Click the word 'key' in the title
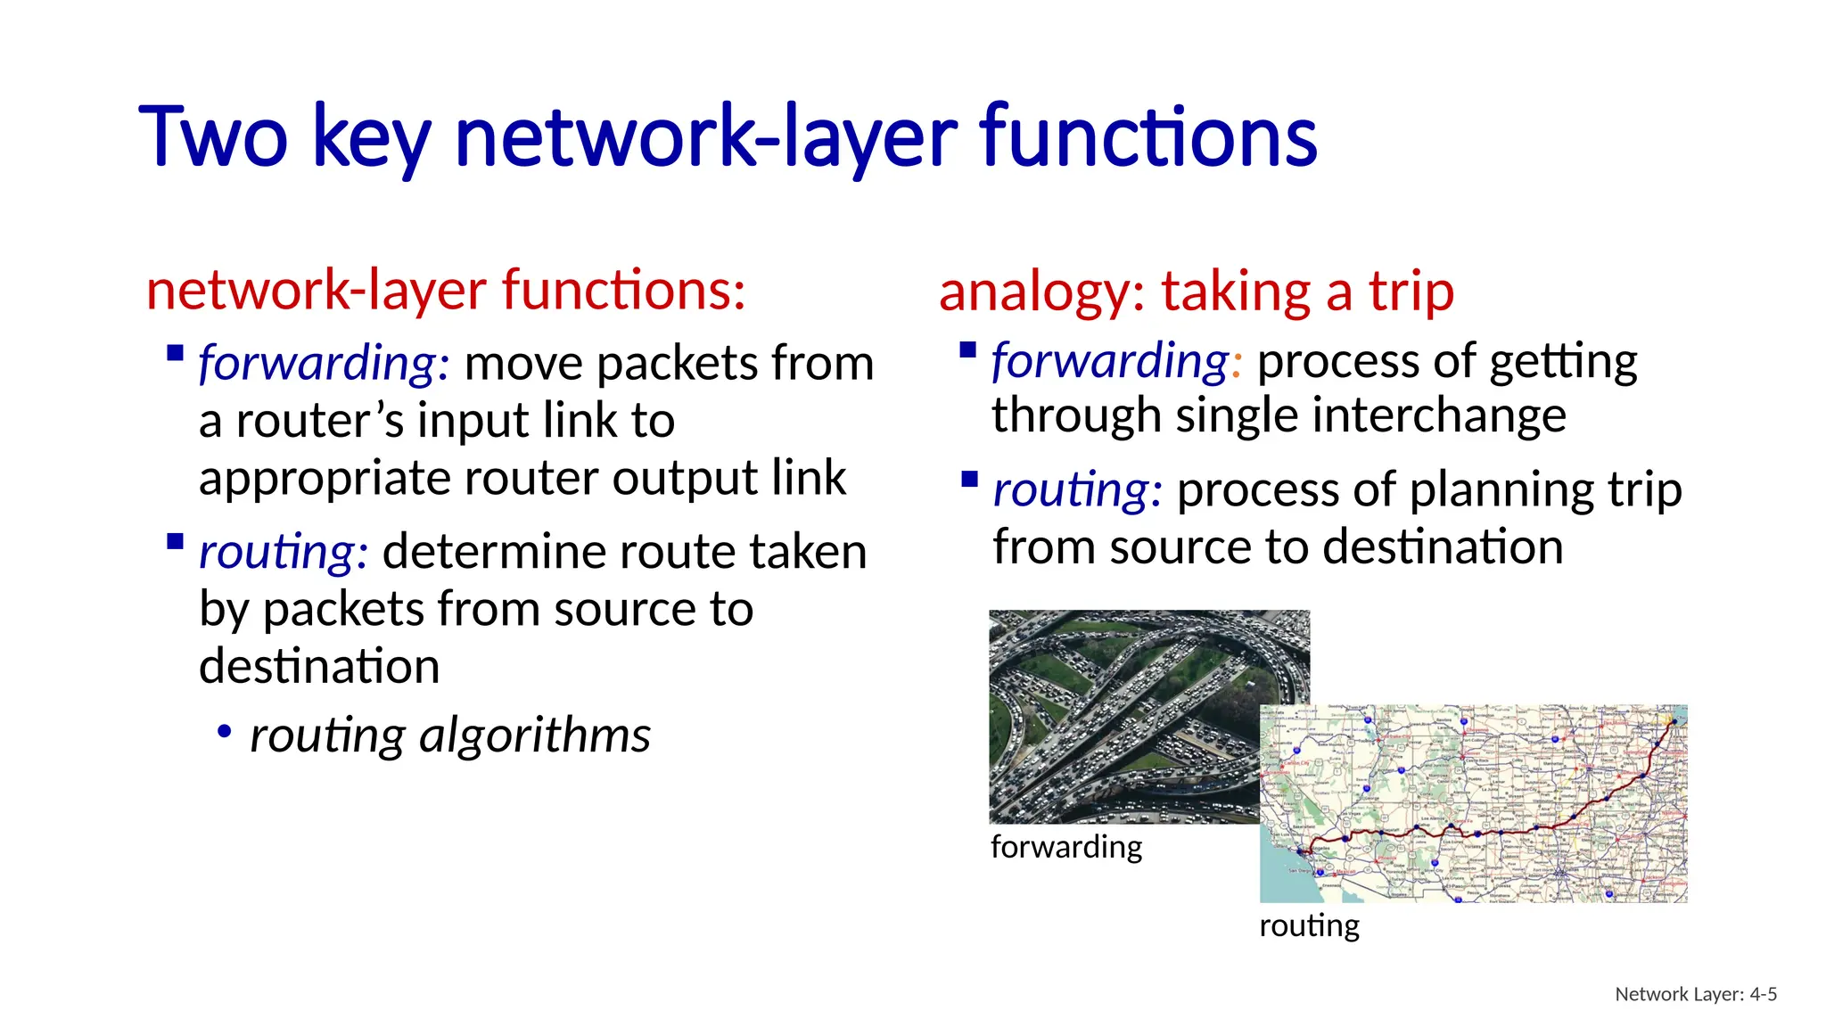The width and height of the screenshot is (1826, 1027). [x=372, y=138]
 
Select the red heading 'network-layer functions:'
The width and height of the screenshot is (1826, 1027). [x=446, y=291]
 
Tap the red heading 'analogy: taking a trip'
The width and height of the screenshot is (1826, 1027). [x=1196, y=292]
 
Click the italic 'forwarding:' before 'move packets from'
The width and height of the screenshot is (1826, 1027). [x=324, y=364]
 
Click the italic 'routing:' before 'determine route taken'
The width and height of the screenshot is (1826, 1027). [x=283, y=552]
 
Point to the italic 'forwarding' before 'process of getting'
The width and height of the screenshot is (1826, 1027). [x=1110, y=361]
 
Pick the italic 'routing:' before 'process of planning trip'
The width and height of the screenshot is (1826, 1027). [x=1077, y=490]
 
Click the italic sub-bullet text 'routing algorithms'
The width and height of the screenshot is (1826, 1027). [x=449, y=735]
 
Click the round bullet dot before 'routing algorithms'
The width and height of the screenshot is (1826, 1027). [x=224, y=733]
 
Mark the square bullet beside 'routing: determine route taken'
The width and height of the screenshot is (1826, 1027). [x=176, y=541]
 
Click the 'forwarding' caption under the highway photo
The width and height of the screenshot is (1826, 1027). [x=1065, y=846]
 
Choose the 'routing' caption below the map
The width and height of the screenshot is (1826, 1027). [x=1309, y=925]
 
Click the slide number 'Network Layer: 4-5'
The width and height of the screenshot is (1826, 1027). [x=1695, y=994]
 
